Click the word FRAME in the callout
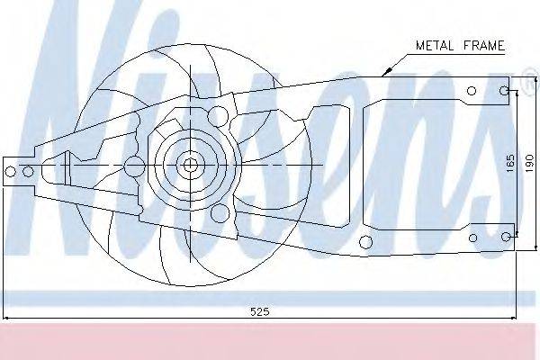484,45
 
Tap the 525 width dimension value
260,311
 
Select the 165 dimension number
510,163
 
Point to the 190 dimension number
529,163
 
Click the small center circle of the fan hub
189,166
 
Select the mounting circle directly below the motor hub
220,213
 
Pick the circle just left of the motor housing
134,166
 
